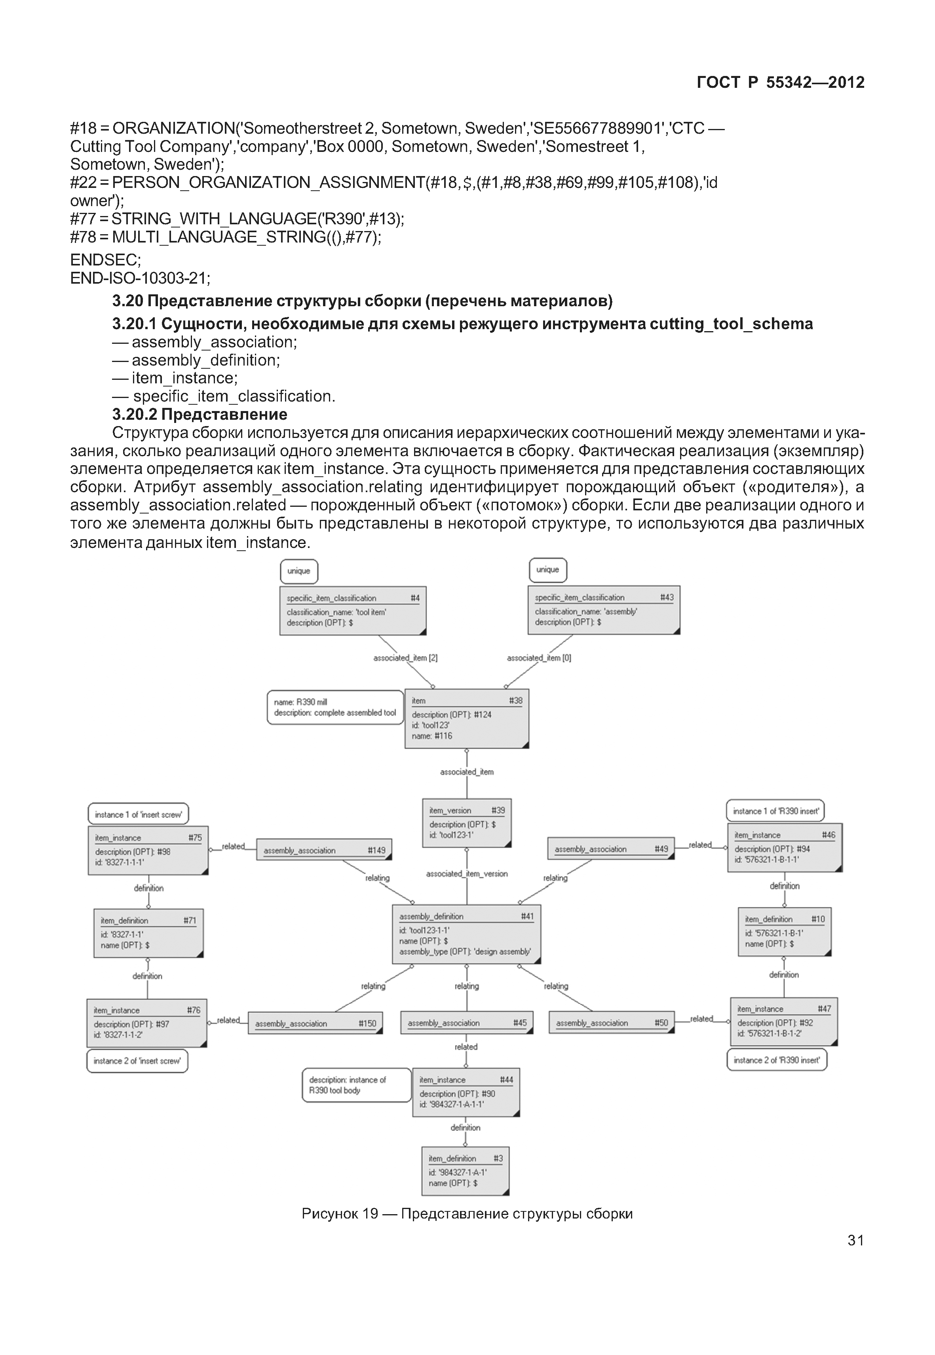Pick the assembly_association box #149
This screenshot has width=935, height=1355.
pos(324,850)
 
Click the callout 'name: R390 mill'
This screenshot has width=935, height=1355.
pos(335,707)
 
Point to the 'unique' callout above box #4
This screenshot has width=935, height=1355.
pos(299,571)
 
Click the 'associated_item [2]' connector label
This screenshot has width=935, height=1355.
pos(405,658)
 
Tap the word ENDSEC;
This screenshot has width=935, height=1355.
pos(105,260)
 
